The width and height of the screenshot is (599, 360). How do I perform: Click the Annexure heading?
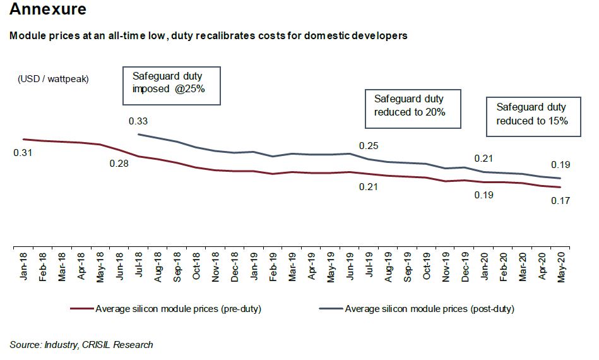click(49, 11)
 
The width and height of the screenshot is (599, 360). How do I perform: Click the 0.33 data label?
click(138, 121)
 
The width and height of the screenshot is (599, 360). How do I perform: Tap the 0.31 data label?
click(23, 153)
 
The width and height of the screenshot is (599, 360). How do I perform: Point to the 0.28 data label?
click(119, 164)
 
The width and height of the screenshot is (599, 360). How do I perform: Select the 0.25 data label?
click(369, 146)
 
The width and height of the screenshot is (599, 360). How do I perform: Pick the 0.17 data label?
click(560, 201)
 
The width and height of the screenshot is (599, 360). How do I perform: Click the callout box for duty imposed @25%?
click(171, 85)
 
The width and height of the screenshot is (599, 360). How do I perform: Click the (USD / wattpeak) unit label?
click(53, 79)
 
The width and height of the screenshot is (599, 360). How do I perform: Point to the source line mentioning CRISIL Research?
click(81, 345)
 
